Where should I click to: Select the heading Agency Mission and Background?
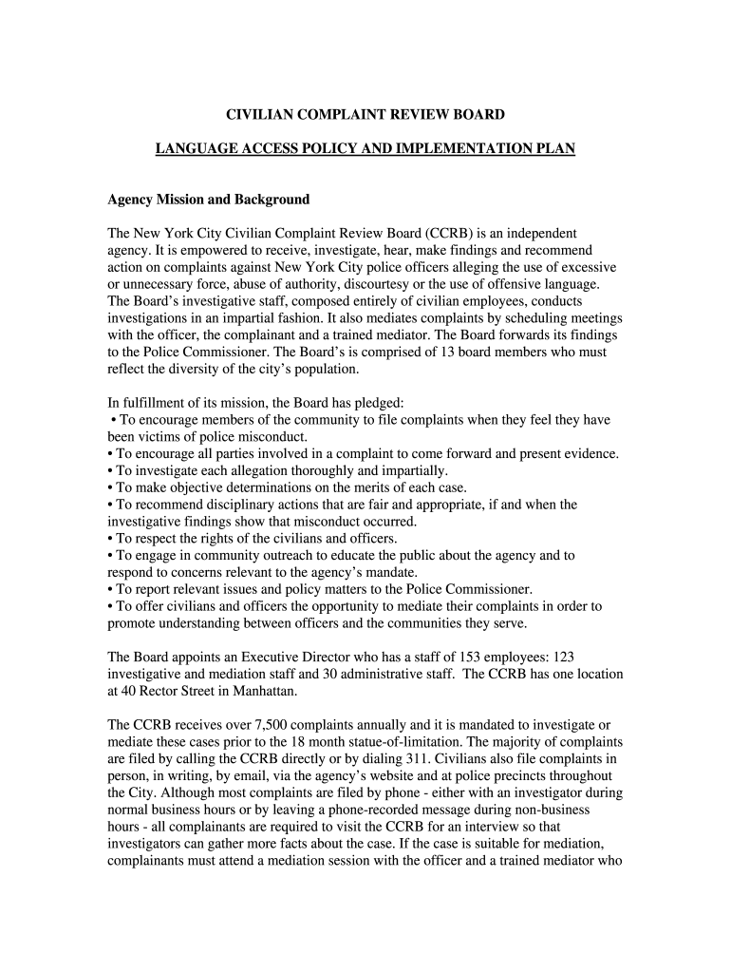point(209,200)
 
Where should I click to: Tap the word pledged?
point(379,403)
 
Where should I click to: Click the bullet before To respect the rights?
point(111,539)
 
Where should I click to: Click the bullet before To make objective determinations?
point(111,488)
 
